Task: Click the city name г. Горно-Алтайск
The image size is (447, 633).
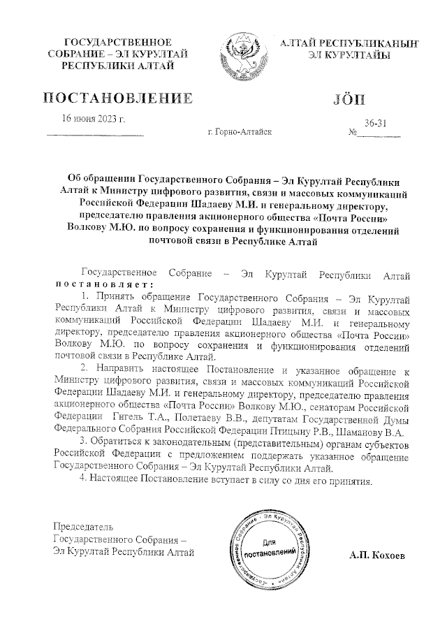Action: [240, 131]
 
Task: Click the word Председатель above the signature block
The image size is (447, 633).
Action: [82, 526]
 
